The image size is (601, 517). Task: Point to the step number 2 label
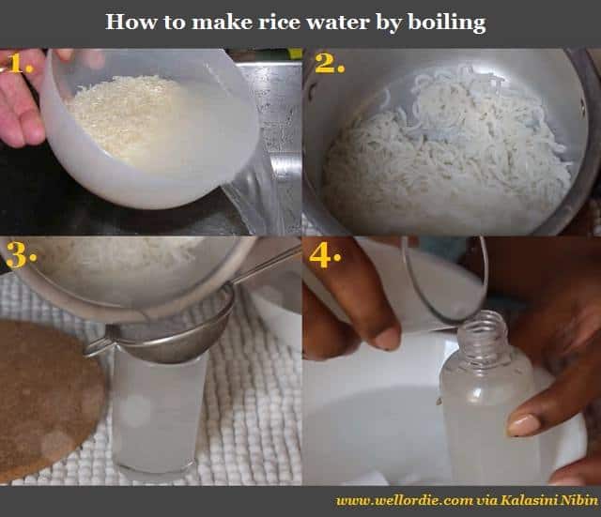pos(329,65)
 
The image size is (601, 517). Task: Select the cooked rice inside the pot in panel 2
pos(441,160)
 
